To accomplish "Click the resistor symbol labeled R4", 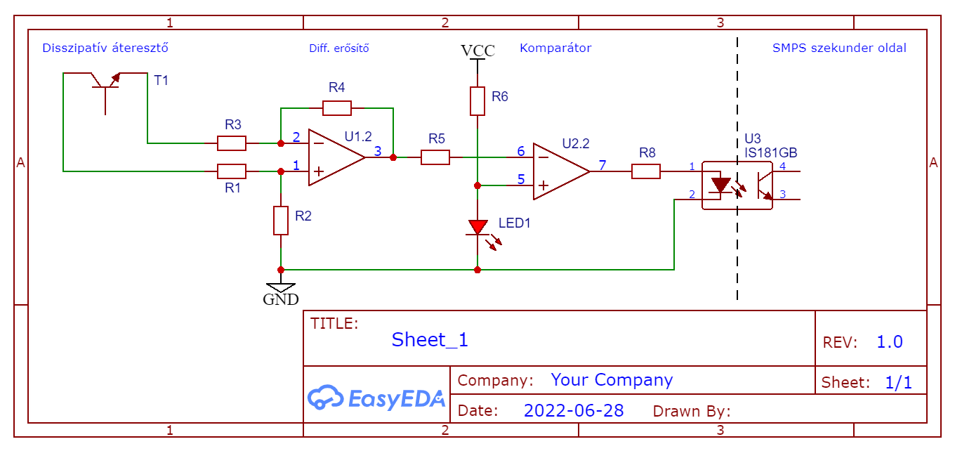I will (337, 108).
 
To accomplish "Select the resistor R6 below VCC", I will (477, 101).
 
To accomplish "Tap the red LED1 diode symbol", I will (478, 228).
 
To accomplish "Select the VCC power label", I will (477, 51).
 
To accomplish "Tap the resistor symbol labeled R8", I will (646, 171).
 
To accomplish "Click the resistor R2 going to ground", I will (281, 221).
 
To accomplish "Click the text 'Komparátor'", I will (555, 48).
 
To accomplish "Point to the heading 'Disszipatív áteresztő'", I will (105, 48).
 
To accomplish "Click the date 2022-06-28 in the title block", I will (574, 411).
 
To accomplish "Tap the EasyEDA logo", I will (376, 398).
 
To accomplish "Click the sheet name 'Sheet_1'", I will (430, 340).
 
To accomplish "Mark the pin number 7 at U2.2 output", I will (602, 166).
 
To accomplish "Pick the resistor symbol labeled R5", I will (435, 157).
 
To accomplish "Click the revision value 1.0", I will (890, 343).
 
